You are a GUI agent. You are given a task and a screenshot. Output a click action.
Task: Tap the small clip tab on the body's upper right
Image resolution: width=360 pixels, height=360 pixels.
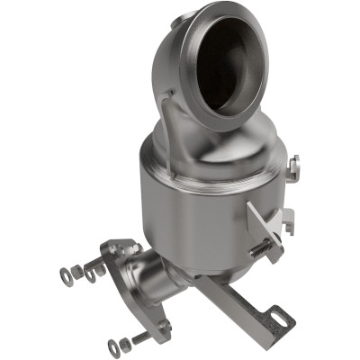294,166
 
